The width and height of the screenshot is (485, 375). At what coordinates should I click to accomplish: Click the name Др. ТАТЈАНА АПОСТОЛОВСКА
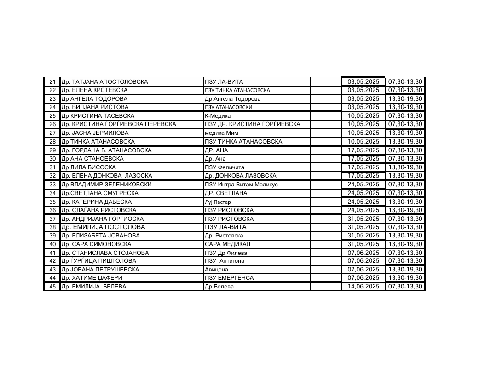(x=105, y=82)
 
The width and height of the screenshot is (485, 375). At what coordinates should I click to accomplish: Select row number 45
(x=52, y=287)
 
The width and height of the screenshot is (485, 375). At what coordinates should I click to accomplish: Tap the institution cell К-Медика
(x=218, y=116)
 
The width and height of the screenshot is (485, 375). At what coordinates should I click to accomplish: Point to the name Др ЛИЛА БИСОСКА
(x=88, y=167)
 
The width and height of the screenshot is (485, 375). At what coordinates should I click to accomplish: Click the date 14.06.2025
(x=363, y=287)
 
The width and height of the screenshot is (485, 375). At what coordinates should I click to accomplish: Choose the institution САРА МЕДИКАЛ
(x=227, y=244)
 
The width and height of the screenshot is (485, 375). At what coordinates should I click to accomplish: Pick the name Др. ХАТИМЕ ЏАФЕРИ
(x=92, y=278)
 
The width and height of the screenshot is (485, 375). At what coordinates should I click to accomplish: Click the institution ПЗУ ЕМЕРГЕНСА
(x=229, y=278)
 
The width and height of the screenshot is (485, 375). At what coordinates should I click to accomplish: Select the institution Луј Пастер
(x=218, y=202)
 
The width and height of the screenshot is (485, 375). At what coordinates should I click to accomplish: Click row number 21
(x=52, y=82)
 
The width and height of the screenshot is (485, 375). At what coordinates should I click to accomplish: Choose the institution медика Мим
(x=221, y=133)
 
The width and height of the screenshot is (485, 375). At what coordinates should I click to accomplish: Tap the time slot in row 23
(x=405, y=99)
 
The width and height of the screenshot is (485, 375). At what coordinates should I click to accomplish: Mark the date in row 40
(x=363, y=244)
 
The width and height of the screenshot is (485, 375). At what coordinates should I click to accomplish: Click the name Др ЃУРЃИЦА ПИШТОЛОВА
(x=98, y=261)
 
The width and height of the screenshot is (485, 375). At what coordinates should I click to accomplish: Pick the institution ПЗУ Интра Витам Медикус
(x=241, y=185)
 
